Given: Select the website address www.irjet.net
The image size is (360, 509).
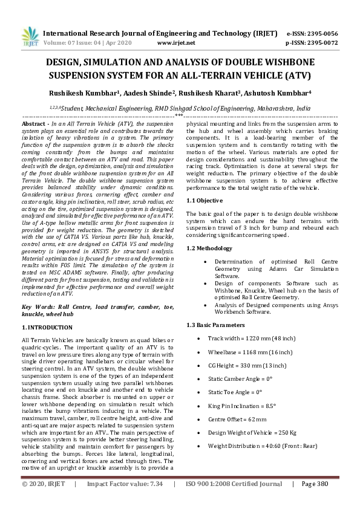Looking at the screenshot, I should (x=175, y=43).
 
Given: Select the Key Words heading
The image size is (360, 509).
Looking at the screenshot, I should (x=39, y=307).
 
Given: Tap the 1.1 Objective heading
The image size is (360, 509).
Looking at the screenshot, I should (x=205, y=200).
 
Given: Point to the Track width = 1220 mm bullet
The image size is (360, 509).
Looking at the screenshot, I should (x=252, y=338).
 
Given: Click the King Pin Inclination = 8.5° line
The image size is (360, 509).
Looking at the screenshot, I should (x=241, y=390).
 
